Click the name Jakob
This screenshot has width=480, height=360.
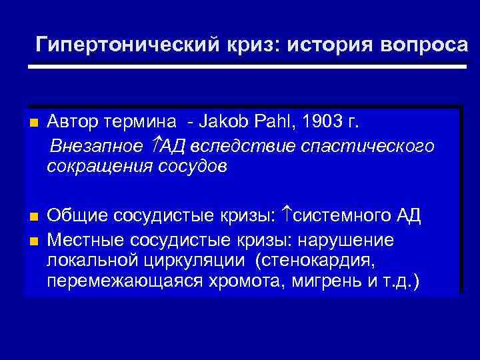(x=221, y=123)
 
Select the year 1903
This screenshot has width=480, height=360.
(x=321, y=123)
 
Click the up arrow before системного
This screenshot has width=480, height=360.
(x=287, y=215)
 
